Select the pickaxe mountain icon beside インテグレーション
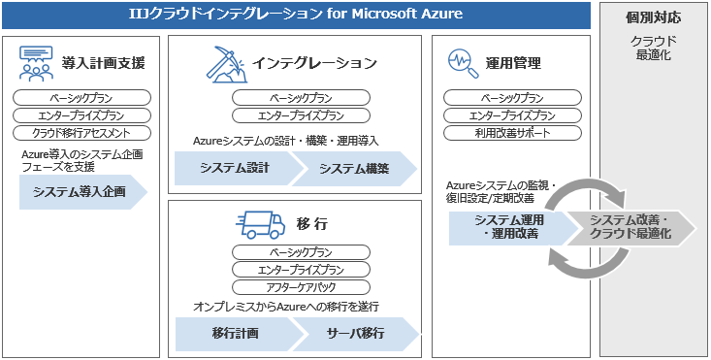[x=222, y=64]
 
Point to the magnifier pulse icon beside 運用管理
[x=464, y=64]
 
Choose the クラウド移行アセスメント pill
[x=82, y=133]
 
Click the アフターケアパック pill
[x=301, y=287]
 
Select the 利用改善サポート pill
[x=512, y=133]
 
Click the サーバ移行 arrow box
[x=357, y=333]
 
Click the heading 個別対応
[x=653, y=18]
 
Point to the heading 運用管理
[x=516, y=64]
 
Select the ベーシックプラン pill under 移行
[x=301, y=253]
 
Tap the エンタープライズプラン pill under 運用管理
[x=512, y=115]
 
